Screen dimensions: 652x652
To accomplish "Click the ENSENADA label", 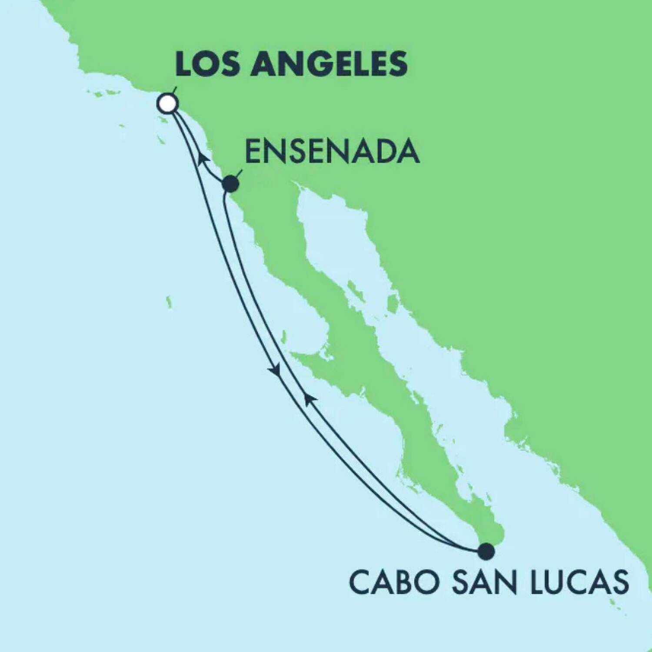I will pyautogui.click(x=333, y=152).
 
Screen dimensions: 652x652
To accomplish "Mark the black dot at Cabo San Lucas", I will pyautogui.click(x=486, y=552).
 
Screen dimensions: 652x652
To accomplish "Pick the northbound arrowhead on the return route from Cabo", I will pyautogui.click(x=309, y=399).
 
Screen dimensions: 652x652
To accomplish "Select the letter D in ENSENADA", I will pyautogui.click(x=388, y=152).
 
